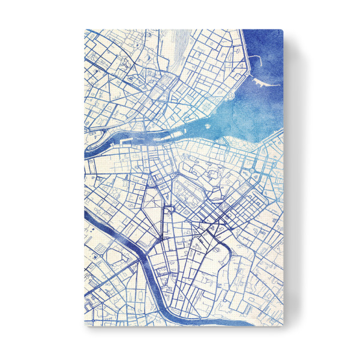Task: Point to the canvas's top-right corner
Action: pos(281,29)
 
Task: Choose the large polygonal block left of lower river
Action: pos(114,258)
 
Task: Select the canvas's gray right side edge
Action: pos(288,180)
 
